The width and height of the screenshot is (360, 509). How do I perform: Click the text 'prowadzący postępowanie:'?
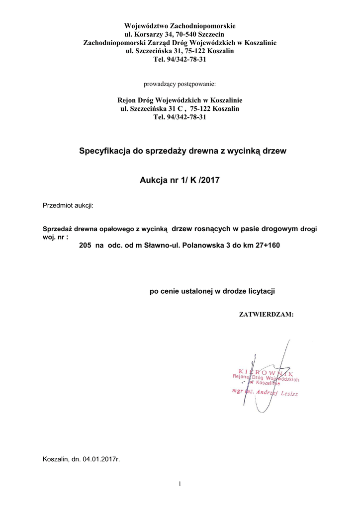(180, 84)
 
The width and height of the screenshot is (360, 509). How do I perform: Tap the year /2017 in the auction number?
(209, 181)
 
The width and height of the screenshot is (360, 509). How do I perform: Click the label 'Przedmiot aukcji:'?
(68, 205)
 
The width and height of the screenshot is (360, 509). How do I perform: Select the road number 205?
(86, 246)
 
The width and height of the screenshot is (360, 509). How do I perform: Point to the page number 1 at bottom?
(180, 484)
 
